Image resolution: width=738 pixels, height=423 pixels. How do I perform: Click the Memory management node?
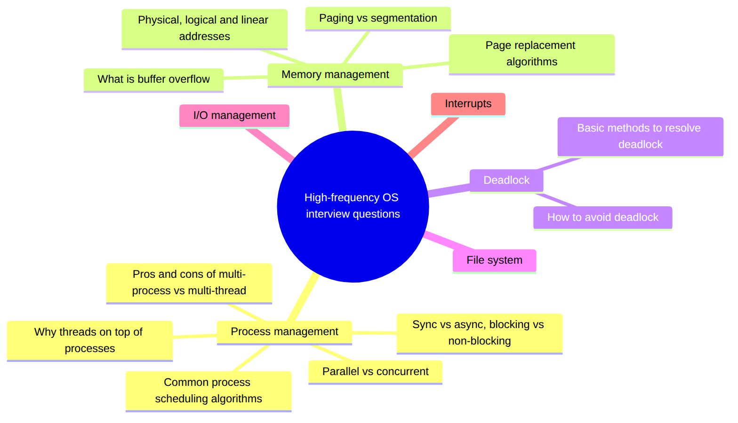tap(335, 75)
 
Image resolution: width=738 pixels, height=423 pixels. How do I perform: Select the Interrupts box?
tap(468, 104)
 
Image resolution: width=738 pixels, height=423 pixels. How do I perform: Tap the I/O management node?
tap(234, 116)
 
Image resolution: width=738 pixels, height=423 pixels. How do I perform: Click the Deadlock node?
tap(506, 181)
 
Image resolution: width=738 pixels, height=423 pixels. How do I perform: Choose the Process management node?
tap(284, 333)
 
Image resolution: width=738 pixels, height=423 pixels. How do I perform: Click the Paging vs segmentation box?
tap(378, 19)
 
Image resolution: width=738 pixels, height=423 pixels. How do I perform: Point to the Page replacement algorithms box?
tap(532, 55)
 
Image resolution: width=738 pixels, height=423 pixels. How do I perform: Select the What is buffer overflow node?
tap(153, 80)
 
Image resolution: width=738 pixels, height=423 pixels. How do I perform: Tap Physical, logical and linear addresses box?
tap(204, 29)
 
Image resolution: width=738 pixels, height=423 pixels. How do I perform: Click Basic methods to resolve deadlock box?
tap(641, 137)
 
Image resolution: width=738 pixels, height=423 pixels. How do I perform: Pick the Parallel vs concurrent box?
tap(375, 372)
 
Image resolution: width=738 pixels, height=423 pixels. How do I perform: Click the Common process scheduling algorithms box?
tap(209, 392)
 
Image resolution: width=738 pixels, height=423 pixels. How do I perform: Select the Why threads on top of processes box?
tap(89, 341)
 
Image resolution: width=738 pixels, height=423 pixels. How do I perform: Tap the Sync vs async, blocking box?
tap(479, 334)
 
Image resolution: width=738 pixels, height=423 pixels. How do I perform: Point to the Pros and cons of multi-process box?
tap(189, 283)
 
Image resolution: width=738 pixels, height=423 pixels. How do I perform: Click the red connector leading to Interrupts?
tap(433, 138)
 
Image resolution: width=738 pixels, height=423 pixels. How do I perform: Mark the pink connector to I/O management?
tap(270, 145)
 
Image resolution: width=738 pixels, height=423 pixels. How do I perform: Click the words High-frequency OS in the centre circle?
tap(351, 197)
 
